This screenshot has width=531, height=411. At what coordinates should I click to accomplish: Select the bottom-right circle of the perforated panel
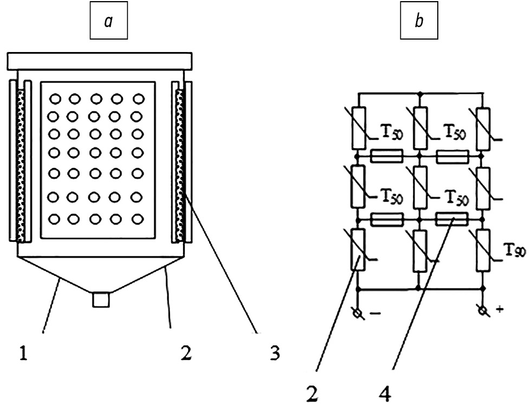click(x=139, y=220)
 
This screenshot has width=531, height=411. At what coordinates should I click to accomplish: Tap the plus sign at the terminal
click(x=498, y=310)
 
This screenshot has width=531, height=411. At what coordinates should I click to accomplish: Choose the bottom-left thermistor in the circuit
click(x=358, y=249)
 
